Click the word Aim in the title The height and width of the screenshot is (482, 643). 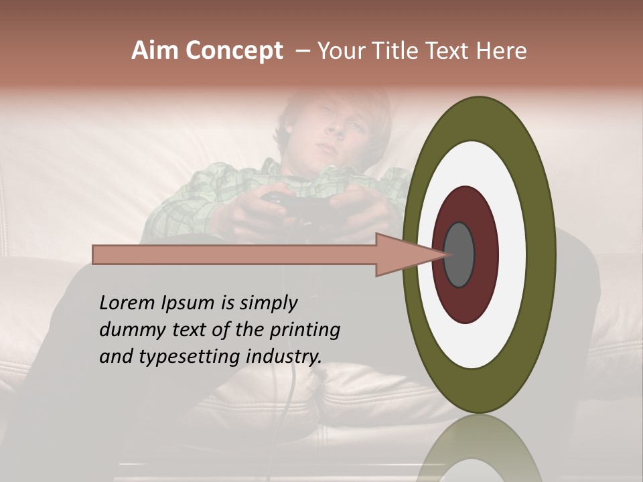click(x=155, y=51)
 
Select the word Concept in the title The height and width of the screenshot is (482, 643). click(x=233, y=52)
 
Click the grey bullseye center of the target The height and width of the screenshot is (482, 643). click(x=459, y=254)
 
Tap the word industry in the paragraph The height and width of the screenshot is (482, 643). click(x=284, y=357)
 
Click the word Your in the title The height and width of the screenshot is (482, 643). click(x=340, y=51)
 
